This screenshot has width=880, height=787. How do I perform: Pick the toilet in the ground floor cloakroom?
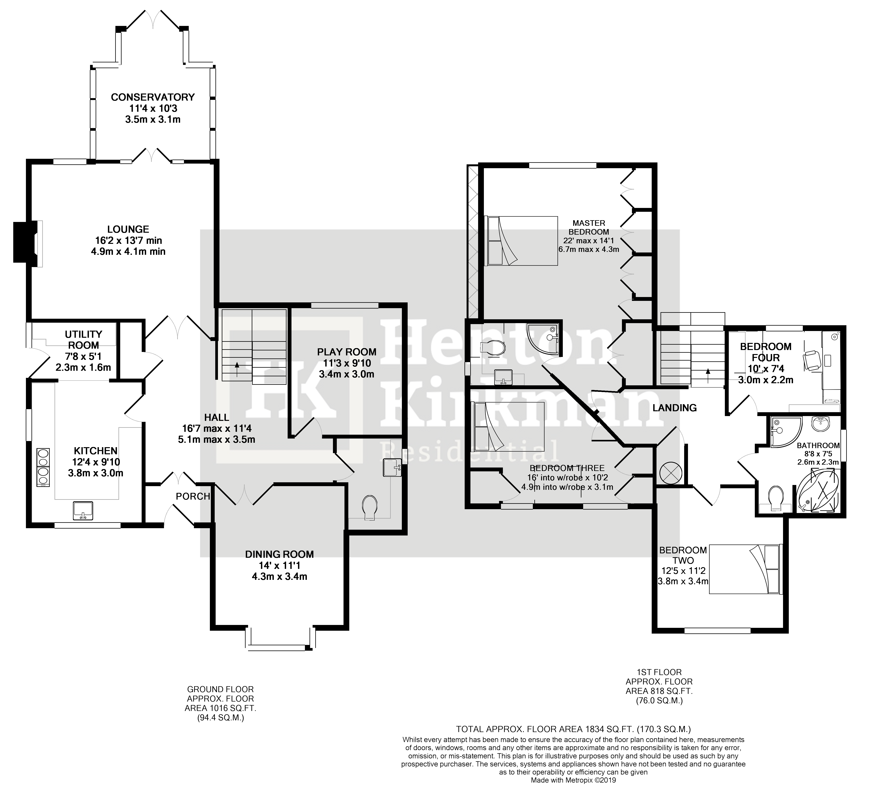(x=369, y=507)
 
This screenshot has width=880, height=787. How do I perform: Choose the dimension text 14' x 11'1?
(x=279, y=565)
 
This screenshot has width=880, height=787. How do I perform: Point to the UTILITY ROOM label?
(x=84, y=339)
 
